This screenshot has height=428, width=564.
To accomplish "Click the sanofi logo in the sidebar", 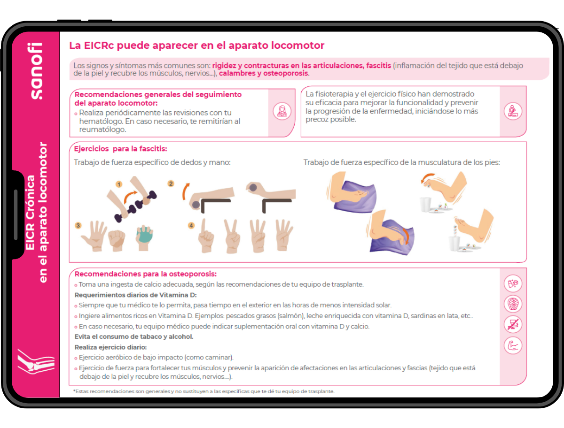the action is point(36,71).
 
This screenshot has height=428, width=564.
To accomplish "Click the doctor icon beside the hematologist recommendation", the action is point(282,111).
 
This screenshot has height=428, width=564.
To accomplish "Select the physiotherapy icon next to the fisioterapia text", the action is point(513,111).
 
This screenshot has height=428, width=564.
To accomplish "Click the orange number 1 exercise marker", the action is point(119,184).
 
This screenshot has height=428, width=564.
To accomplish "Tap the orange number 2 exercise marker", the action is point(171,183).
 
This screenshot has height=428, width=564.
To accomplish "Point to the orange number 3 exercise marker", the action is point(78,225).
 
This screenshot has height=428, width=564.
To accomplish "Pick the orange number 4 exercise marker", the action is point(191,225).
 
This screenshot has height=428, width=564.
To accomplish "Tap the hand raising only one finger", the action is point(206,236).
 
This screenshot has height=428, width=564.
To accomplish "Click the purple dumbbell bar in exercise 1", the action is point(135,206).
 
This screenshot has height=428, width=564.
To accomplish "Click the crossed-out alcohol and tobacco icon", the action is point(513,325).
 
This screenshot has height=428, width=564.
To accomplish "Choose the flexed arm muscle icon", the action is point(513,345).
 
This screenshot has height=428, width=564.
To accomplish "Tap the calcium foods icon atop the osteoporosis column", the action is point(513,283).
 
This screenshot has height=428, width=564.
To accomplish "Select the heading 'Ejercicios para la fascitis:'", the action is point(120,149).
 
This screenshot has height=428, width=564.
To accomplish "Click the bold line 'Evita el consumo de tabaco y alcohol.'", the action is point(134,336).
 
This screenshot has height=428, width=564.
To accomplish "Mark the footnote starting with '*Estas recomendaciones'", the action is point(204,391).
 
